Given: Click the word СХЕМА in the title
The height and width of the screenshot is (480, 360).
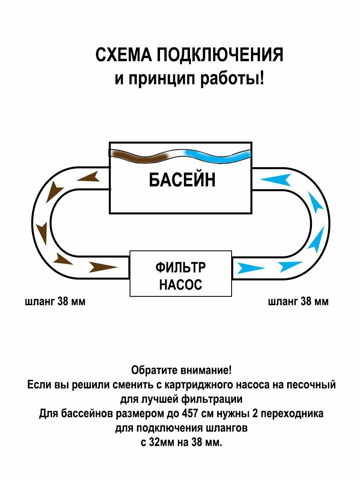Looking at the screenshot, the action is click(x=124, y=55).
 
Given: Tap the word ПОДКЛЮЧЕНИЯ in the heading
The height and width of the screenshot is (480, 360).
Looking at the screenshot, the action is click(x=220, y=55).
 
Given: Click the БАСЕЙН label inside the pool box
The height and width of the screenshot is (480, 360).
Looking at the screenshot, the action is click(x=182, y=180).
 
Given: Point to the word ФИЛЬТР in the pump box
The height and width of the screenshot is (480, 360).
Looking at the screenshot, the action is click(x=180, y=267).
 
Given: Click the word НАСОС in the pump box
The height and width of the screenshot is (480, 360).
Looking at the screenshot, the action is click(x=180, y=284).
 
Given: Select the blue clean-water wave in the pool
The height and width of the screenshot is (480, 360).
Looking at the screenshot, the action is click(x=218, y=156).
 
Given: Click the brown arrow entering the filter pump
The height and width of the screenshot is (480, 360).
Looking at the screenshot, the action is click(x=103, y=267).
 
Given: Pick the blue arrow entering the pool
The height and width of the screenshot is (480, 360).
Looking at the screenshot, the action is click(x=276, y=179).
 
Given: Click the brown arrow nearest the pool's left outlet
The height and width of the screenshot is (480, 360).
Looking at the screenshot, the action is click(x=88, y=177).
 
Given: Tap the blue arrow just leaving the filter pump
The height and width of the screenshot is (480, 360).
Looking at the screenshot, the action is click(x=251, y=268).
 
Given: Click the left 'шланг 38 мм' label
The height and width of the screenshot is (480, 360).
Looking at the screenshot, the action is click(x=55, y=302).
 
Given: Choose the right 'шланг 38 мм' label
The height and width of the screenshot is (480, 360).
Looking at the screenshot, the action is click(x=298, y=302).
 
